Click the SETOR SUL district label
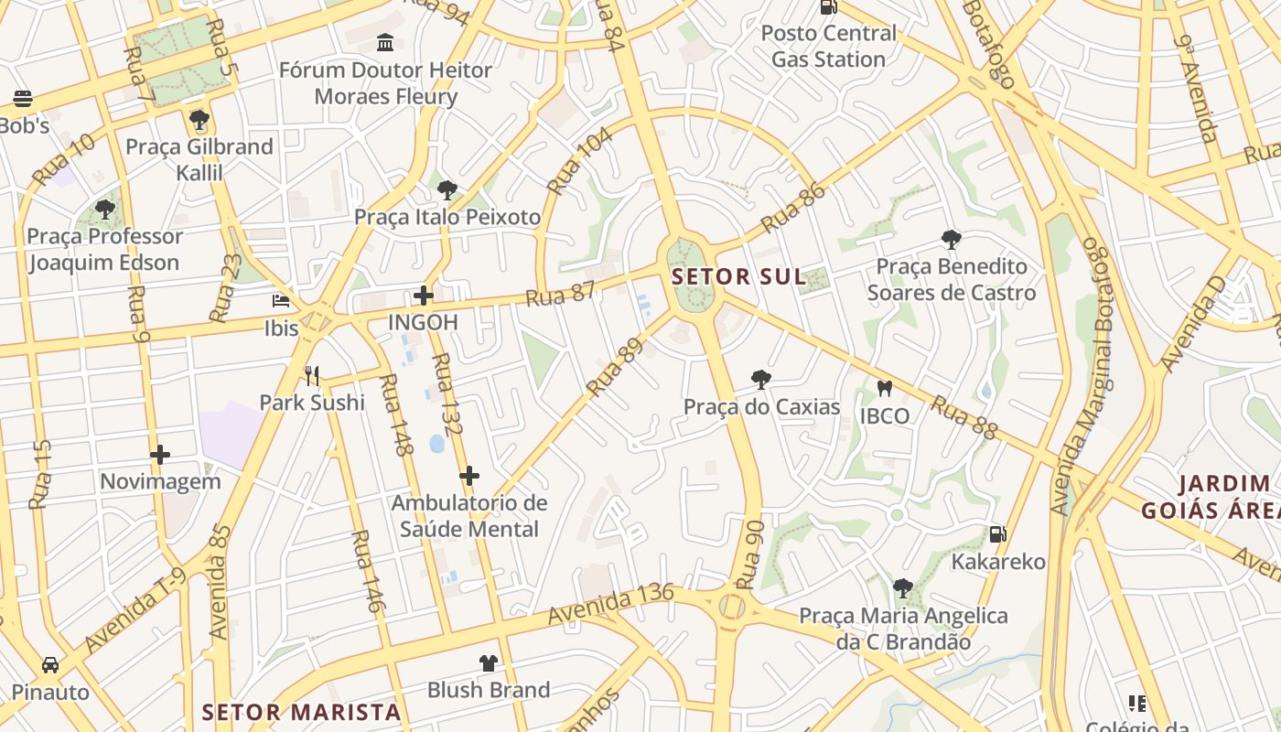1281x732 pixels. (738, 276)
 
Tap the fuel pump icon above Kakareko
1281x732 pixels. (997, 534)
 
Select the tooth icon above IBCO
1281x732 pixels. (884, 389)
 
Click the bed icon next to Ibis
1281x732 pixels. (281, 301)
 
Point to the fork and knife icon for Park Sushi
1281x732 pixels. (312, 375)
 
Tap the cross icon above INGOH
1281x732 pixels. (424, 295)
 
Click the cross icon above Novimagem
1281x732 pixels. (160, 454)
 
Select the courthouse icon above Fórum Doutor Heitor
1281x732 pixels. (385, 42)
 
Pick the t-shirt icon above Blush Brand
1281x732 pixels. (489, 662)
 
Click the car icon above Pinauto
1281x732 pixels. (50, 664)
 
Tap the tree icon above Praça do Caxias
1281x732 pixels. (760, 380)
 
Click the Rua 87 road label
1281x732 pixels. (561, 294)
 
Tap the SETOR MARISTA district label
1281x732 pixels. (301, 712)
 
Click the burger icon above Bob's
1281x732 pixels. (23, 99)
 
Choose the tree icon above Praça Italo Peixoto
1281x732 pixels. (447, 190)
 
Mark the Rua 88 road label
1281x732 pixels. (963, 417)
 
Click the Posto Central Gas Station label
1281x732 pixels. (828, 46)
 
